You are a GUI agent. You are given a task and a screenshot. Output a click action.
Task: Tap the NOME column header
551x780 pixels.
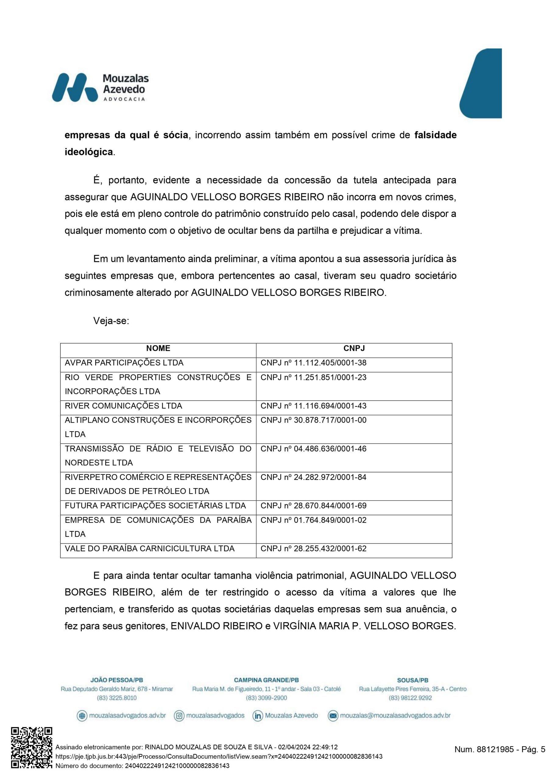[158, 348]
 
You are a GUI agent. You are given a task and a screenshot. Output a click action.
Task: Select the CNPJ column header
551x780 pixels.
[354, 348]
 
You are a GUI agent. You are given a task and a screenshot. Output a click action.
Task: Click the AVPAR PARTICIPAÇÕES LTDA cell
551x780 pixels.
[124, 363]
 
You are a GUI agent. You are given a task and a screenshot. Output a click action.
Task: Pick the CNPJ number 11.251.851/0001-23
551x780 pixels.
[313, 378]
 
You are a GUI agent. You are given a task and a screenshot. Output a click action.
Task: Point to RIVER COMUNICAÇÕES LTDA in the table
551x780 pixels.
[123, 406]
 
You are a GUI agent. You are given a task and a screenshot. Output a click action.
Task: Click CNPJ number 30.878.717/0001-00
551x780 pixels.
[313, 420]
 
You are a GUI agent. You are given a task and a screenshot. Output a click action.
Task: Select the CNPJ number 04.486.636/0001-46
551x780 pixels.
[313, 449]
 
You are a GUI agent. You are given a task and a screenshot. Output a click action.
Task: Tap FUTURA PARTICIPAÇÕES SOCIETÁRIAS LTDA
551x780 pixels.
[155, 506]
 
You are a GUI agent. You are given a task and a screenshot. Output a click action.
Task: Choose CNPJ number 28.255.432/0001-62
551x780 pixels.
[313, 549]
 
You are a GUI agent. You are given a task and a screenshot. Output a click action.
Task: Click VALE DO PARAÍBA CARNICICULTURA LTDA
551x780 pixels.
[150, 549]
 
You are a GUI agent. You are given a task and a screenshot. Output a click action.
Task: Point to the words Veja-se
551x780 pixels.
[111, 321]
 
